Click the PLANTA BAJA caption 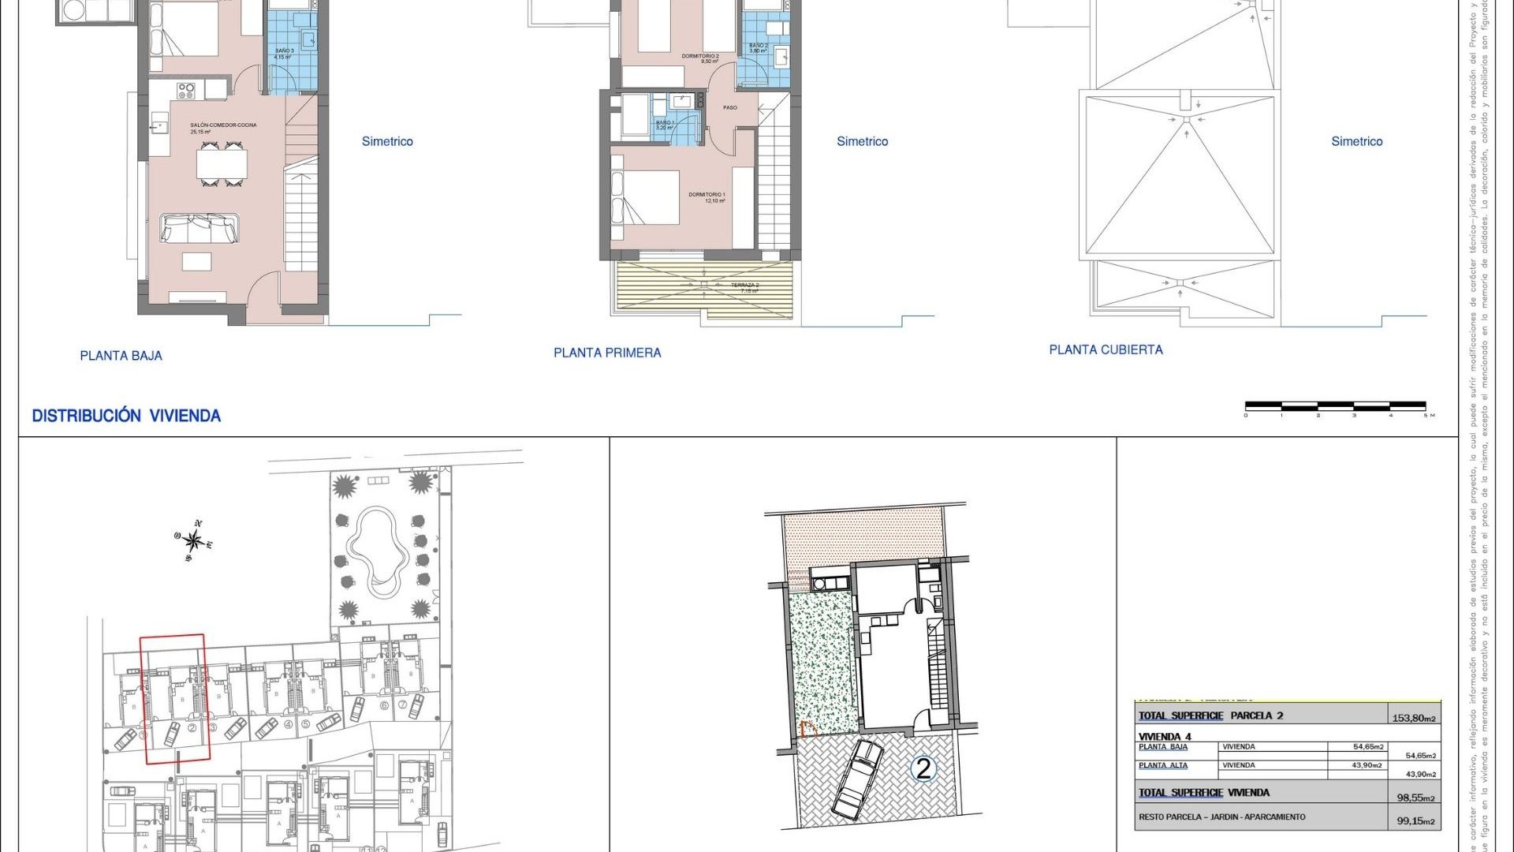(x=121, y=356)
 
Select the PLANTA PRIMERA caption (x=607, y=353)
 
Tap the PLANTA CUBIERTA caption (x=1106, y=349)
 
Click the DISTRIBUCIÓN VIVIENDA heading (x=126, y=416)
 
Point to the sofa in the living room (x=200, y=229)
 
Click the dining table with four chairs (x=222, y=164)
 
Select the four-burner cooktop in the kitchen (x=185, y=91)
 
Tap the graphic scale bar (x=1335, y=406)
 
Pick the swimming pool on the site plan (x=376, y=551)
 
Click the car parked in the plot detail (x=857, y=778)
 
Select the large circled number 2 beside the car (x=923, y=768)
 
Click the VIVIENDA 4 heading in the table (x=1165, y=737)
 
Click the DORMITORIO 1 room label (x=707, y=195)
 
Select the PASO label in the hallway (x=730, y=107)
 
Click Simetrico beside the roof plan (x=1356, y=141)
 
